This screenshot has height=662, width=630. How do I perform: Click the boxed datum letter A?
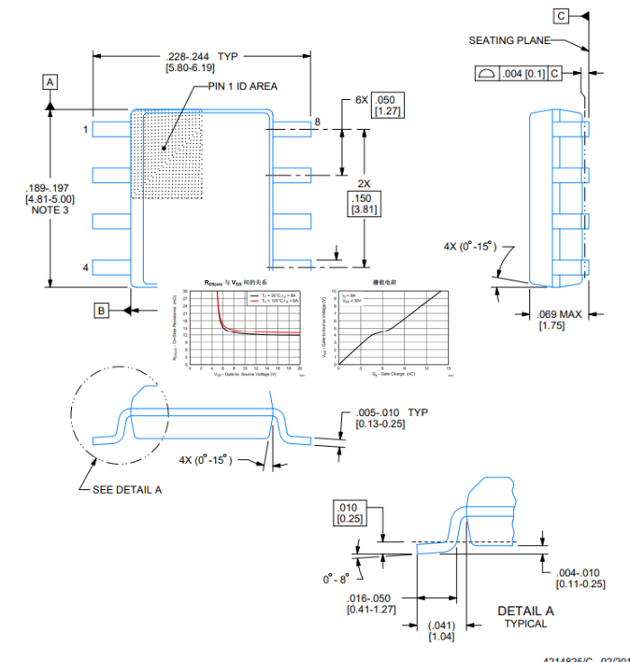click(x=50, y=82)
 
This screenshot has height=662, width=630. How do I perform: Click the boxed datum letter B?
click(x=103, y=311)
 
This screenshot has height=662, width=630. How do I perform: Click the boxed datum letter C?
click(x=561, y=16)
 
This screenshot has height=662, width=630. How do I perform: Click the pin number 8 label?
click(x=317, y=122)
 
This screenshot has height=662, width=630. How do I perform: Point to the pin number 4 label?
click(x=85, y=268)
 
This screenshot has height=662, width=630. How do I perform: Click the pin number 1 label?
click(x=85, y=130)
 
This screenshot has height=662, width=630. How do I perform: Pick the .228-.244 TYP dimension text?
click(x=202, y=56)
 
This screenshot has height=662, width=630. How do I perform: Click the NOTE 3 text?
click(x=50, y=210)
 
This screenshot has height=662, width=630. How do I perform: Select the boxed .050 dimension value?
click(x=387, y=99)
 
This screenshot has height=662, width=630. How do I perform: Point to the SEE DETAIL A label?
click(x=127, y=490)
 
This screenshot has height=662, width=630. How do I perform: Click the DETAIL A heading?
click(x=526, y=612)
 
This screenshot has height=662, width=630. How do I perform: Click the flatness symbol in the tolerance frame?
click(x=486, y=73)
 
